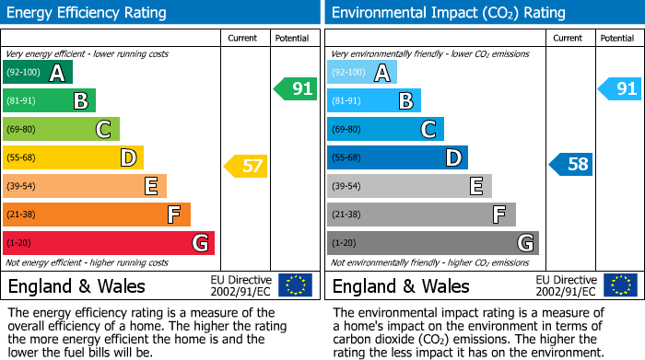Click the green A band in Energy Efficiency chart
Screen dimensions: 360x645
tap(37, 73)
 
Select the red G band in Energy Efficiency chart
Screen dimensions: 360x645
tap(108, 243)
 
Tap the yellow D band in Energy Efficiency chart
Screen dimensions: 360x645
tap(73, 158)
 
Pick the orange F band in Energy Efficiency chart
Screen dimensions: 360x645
tap(96, 215)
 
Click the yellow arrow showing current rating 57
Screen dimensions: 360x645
tap(246, 167)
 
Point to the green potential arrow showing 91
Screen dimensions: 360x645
tap(296, 89)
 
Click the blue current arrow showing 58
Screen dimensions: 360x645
tap(571, 165)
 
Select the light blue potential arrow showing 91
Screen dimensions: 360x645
tap(619, 89)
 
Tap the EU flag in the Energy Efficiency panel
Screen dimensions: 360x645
tap(295, 285)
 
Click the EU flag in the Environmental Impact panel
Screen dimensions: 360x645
tap(619, 285)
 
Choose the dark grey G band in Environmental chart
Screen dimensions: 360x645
tap(432, 243)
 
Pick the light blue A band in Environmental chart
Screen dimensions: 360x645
tap(361, 73)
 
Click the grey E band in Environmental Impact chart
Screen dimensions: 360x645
tap(408, 187)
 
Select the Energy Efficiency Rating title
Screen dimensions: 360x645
tap(87, 13)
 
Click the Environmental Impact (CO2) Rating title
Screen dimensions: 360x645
tap(448, 13)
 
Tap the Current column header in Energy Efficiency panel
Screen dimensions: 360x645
tap(242, 38)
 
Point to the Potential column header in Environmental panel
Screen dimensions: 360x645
tap(617, 38)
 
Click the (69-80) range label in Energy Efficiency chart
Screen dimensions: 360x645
tap(21, 130)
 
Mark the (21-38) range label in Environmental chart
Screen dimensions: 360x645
tap(346, 215)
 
